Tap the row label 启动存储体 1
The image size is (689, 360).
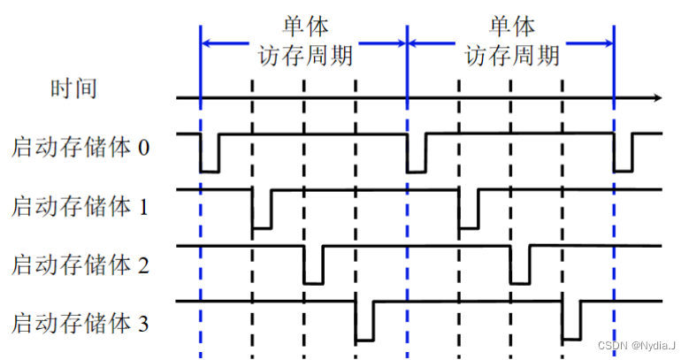point(81,206)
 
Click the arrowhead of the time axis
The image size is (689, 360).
point(656,97)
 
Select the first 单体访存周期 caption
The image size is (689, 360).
point(305,41)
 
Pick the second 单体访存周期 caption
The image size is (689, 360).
point(511,41)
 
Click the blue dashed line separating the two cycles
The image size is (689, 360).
point(407,221)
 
